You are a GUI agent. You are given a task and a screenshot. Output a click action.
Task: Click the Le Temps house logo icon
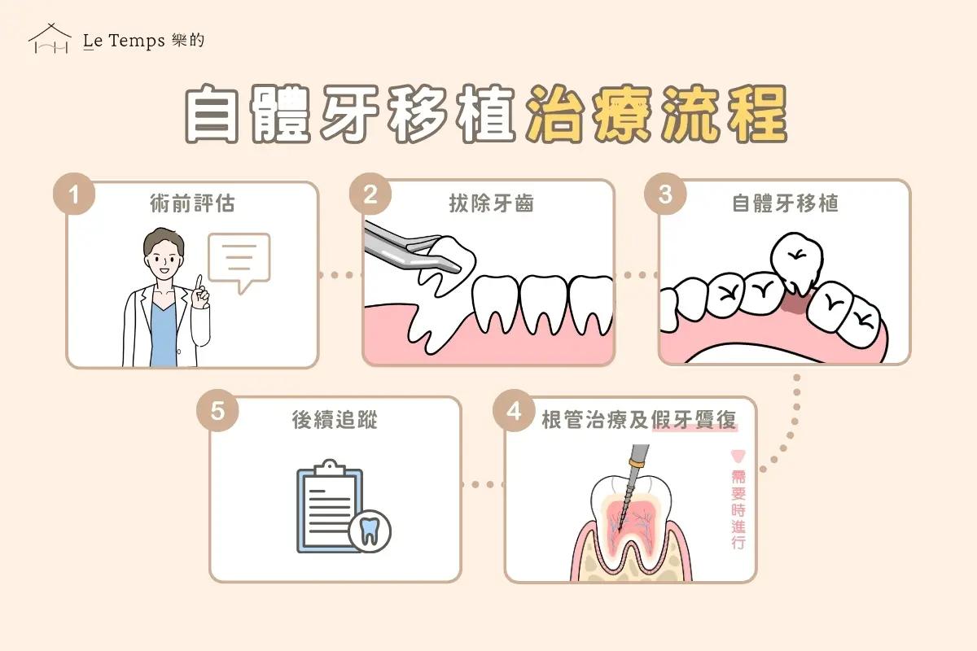click(x=49, y=39)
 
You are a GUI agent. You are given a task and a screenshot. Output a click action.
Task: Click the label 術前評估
click(x=193, y=203)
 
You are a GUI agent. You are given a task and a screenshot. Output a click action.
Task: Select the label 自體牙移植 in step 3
click(x=786, y=203)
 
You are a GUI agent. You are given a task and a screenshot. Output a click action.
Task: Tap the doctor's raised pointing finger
click(x=198, y=285)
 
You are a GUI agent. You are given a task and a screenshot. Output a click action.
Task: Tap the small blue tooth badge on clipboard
click(x=369, y=532)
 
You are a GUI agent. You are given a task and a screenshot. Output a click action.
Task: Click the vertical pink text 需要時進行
click(x=738, y=509)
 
